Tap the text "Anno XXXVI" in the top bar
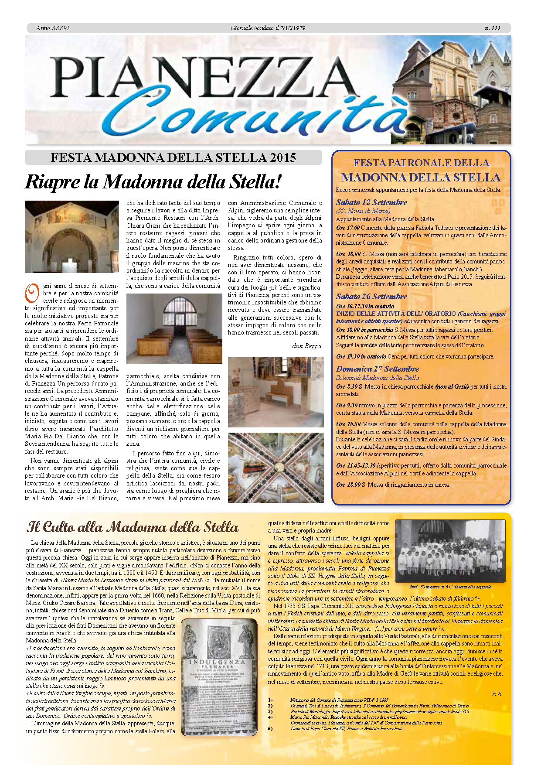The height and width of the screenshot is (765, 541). coord(52,28)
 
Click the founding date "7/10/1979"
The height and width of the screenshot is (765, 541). coord(293,28)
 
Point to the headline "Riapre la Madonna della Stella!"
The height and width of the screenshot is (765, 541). coord(153,182)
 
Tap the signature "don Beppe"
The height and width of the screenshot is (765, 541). coord(306,346)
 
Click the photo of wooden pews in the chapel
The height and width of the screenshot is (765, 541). coord(174,328)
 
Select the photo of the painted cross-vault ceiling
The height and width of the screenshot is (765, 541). coord(276,468)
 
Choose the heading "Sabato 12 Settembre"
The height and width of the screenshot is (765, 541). coord(371,202)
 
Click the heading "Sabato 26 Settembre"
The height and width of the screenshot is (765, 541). coord(371,297)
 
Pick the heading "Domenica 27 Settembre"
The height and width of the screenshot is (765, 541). coord(377,369)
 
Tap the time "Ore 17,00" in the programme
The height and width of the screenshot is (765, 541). coord(347,228)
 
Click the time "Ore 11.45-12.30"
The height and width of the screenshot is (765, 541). coord(355,465)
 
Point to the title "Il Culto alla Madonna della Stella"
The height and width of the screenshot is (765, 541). coord(133,527)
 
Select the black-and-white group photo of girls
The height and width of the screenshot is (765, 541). coord(450,551)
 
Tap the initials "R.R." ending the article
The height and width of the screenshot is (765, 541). coord(497,694)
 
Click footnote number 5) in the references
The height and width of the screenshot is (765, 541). coord(270,728)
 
